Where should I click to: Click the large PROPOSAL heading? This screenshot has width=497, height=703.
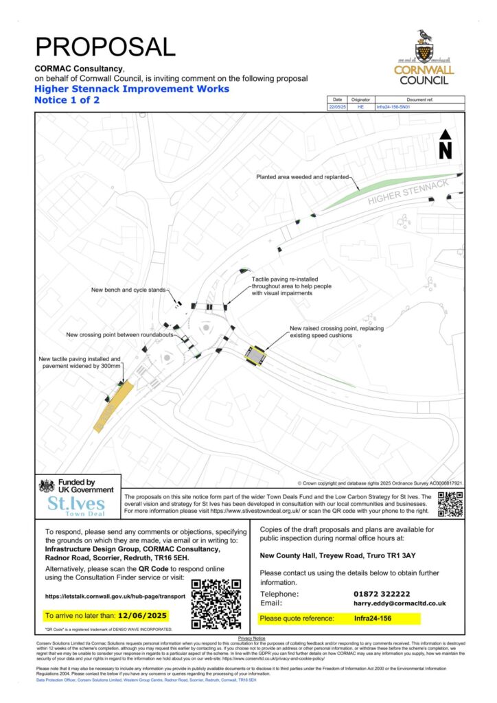(x=105, y=46)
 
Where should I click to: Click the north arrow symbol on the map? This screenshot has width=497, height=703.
(x=445, y=144)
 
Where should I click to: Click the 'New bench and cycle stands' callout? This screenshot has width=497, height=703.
(x=128, y=290)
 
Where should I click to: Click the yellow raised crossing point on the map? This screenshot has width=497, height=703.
(x=256, y=356)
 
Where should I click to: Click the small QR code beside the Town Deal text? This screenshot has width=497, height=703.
(x=450, y=504)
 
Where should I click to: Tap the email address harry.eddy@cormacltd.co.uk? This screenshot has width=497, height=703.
(x=400, y=603)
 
